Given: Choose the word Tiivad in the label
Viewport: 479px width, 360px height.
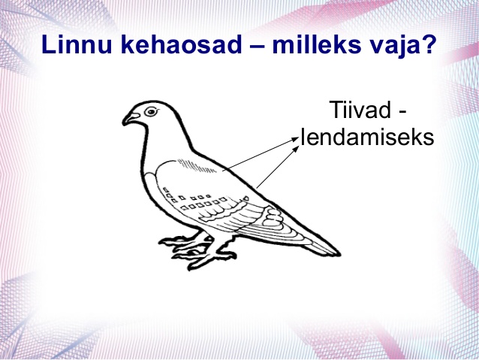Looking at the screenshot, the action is click(x=360, y=110).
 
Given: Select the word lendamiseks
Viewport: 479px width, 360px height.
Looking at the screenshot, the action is click(x=367, y=137).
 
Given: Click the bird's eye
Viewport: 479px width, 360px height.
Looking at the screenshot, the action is click(x=151, y=111).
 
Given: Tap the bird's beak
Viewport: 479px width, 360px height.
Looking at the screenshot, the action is click(x=130, y=119).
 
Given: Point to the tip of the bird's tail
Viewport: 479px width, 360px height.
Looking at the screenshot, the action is click(x=339, y=254).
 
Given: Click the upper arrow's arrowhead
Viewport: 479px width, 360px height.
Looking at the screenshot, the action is click(x=295, y=139).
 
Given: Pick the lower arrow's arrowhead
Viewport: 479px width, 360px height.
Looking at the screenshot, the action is click(x=297, y=149).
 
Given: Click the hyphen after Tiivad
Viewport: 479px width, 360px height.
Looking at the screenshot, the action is click(x=402, y=113).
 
